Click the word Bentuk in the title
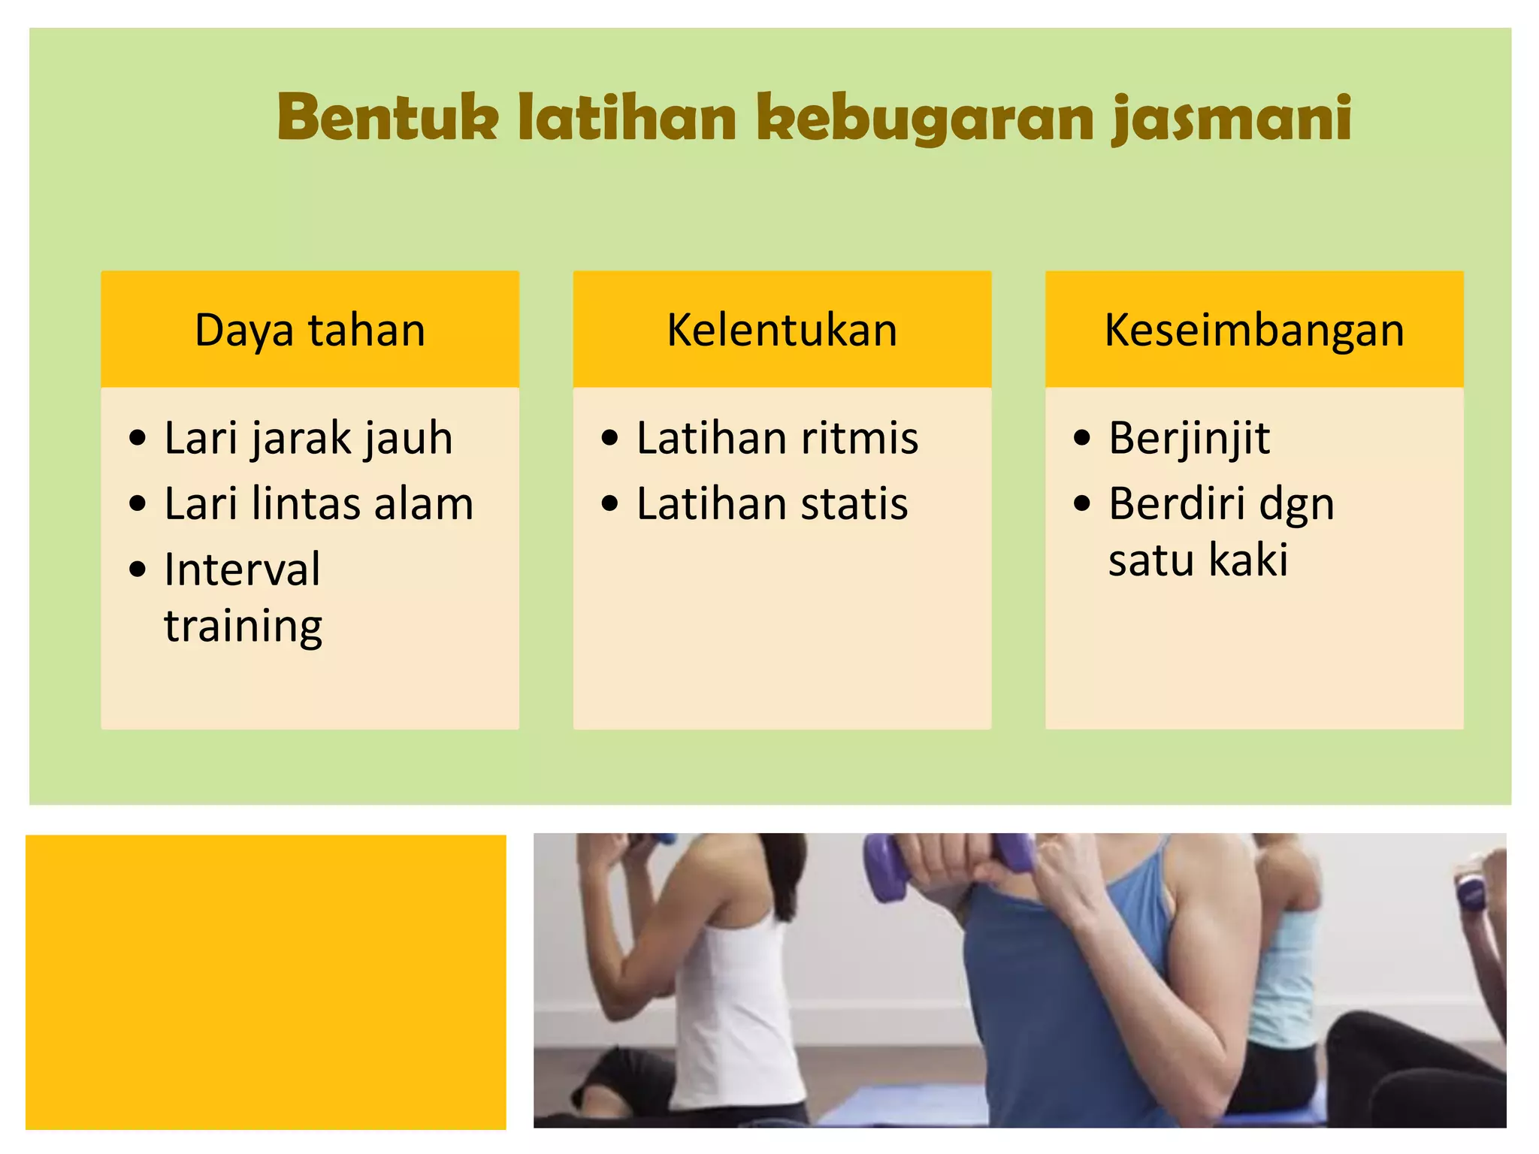tap(387, 118)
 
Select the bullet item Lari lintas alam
tap(319, 503)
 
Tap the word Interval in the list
tap(242, 569)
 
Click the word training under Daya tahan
tap(243, 627)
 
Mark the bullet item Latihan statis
tap(772, 503)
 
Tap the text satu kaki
tap(1198, 560)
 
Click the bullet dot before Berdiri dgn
tap(1081, 503)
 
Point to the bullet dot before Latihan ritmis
tap(609, 437)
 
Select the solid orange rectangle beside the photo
tap(265, 981)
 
